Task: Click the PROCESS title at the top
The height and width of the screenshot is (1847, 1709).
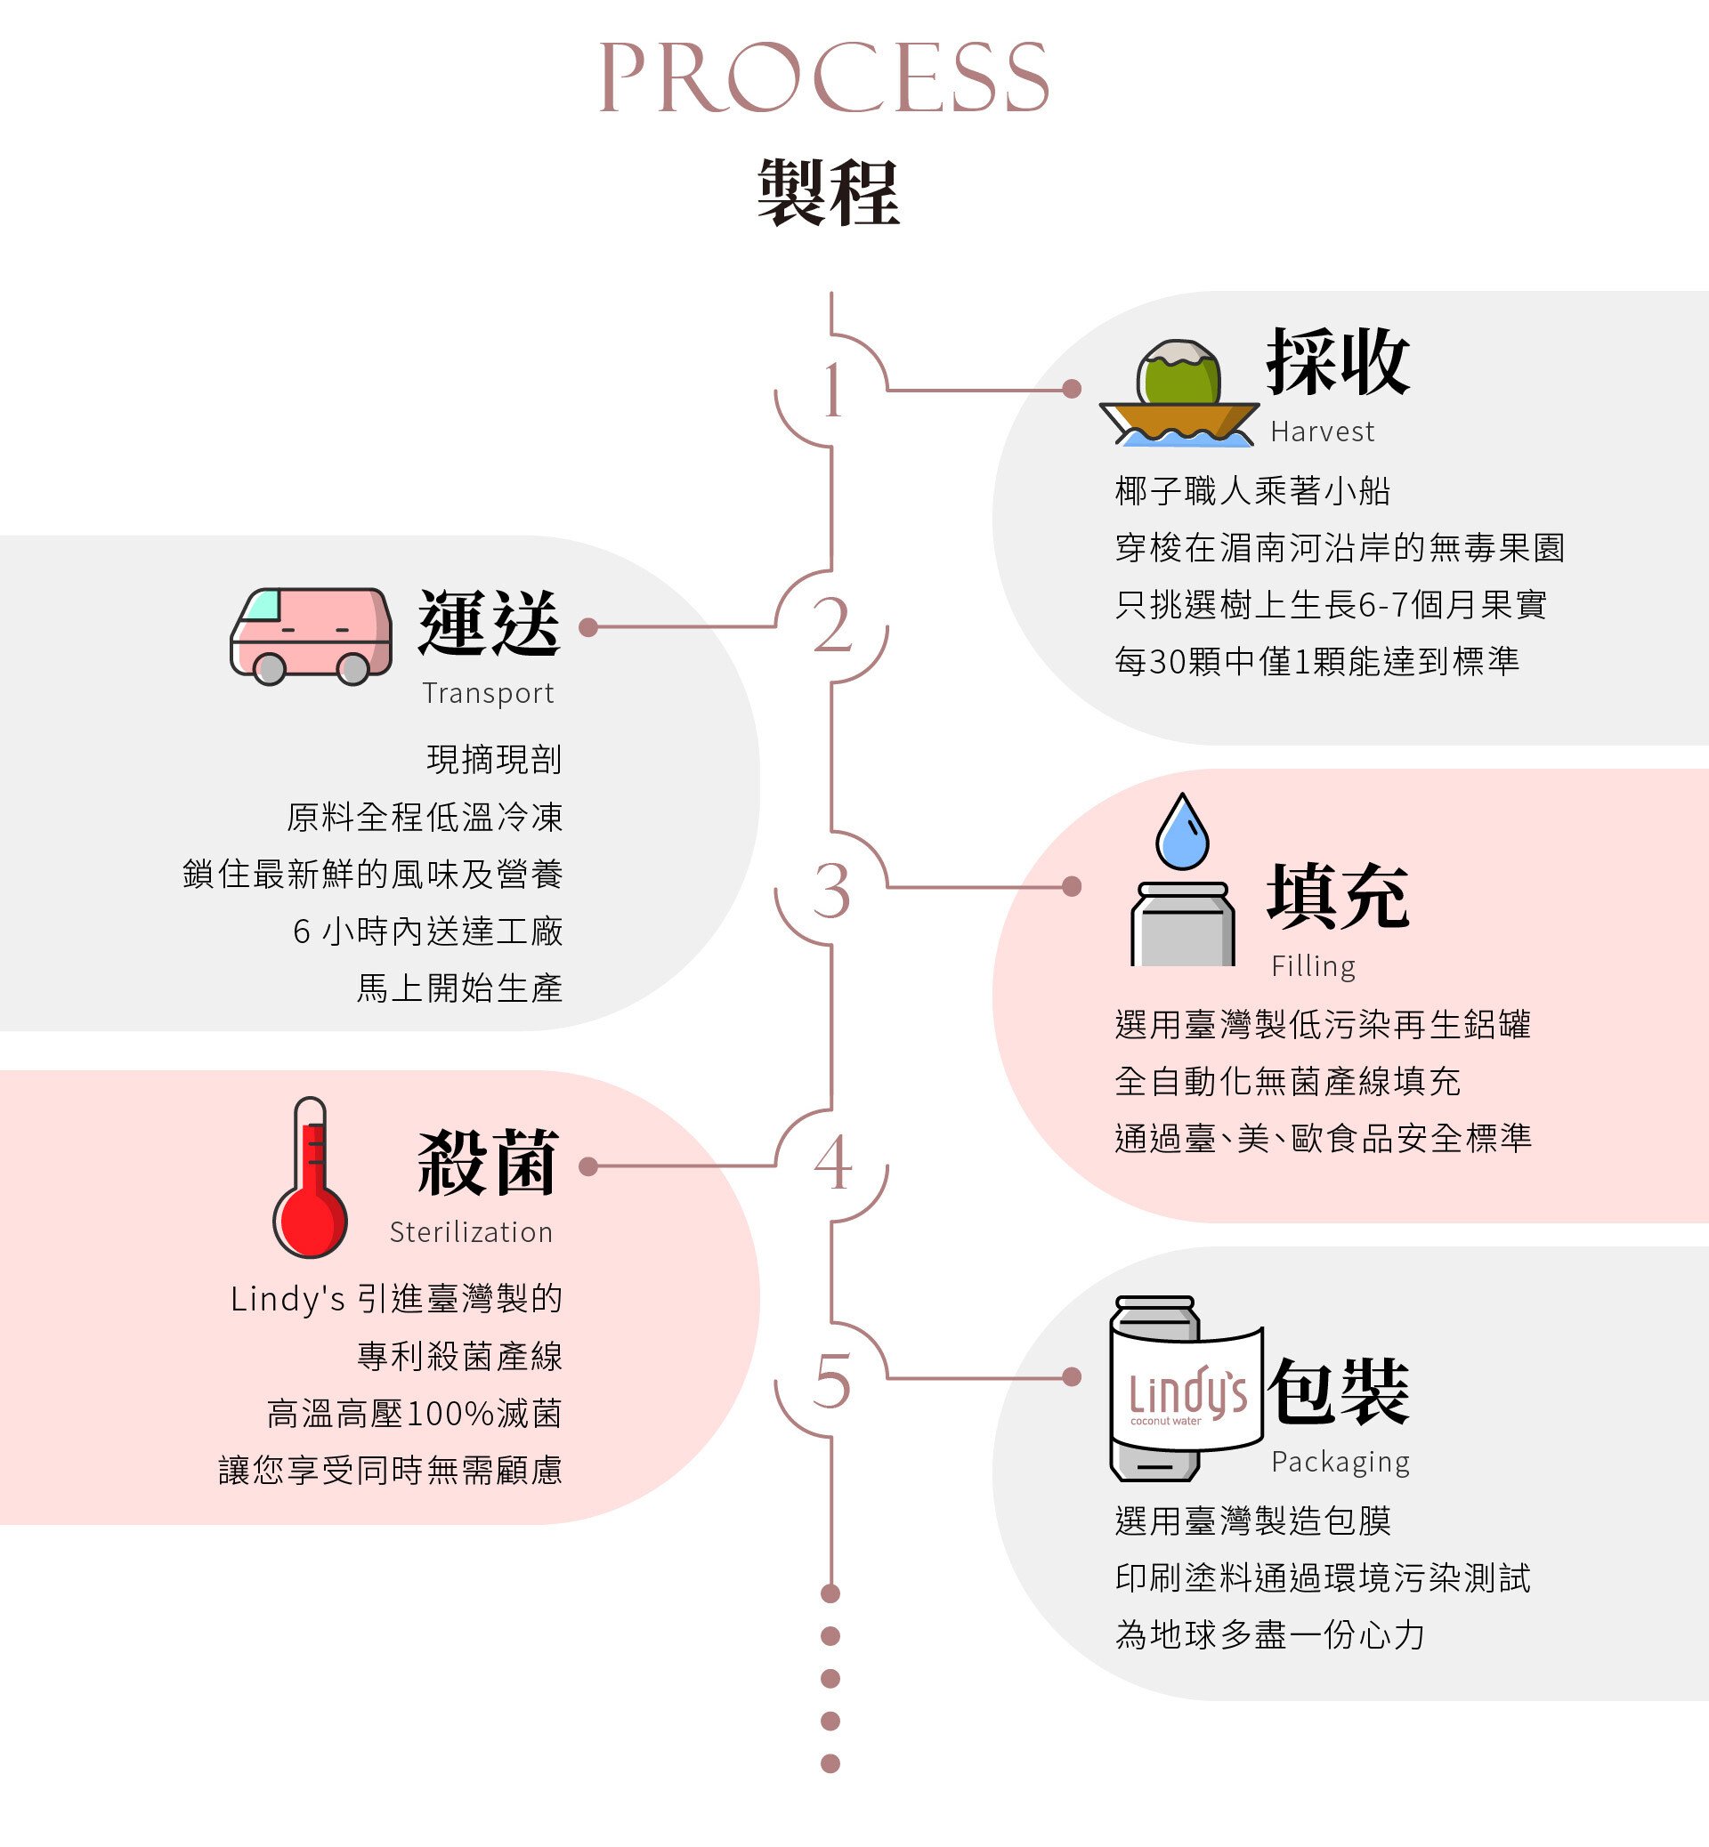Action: pyautogui.click(x=824, y=77)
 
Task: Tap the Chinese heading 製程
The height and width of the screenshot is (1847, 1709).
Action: pyautogui.click(x=828, y=192)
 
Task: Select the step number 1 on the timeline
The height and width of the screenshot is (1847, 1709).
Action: pyautogui.click(x=832, y=391)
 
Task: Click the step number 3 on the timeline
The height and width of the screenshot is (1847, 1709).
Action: pyautogui.click(x=831, y=891)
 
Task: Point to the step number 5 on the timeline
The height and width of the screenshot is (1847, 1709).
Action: pyautogui.click(x=831, y=1381)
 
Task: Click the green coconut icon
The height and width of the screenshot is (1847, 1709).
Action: pyautogui.click(x=1178, y=375)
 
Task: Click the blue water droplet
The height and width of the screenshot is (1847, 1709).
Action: pyautogui.click(x=1182, y=832)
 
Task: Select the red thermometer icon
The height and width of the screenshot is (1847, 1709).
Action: pyautogui.click(x=310, y=1179)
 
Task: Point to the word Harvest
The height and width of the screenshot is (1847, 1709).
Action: pyautogui.click(x=1322, y=432)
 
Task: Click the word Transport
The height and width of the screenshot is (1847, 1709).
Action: pyautogui.click(x=488, y=693)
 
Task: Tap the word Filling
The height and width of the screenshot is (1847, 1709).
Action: pyautogui.click(x=1312, y=967)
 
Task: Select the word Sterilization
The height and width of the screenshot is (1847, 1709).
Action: pyautogui.click(x=471, y=1232)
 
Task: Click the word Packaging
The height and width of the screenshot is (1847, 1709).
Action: pyautogui.click(x=1339, y=1463)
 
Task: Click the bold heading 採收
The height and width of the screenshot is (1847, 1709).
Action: pyautogui.click(x=1337, y=361)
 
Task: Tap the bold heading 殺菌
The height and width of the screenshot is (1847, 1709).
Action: pyautogui.click(x=488, y=1163)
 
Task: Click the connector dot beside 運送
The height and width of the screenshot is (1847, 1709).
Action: pyautogui.click(x=588, y=628)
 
